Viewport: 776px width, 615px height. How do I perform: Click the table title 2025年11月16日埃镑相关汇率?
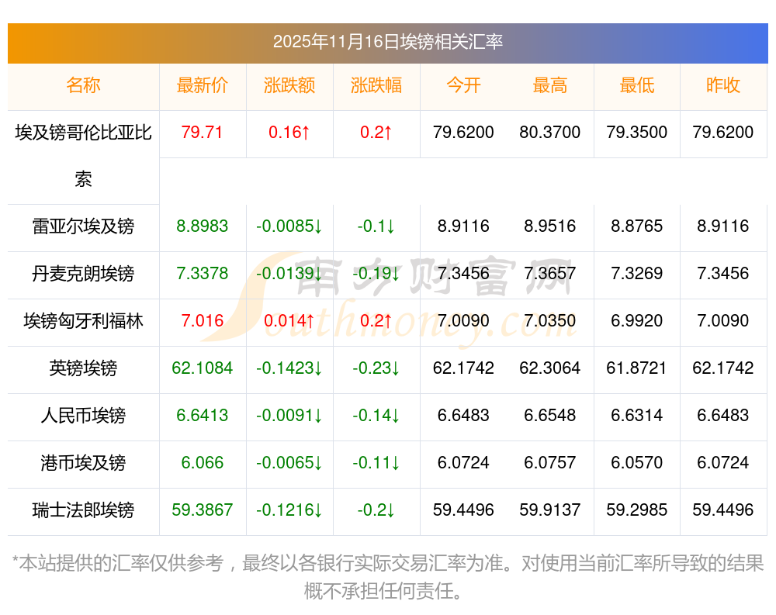point(387,42)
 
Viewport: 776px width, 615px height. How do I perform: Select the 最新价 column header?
point(203,85)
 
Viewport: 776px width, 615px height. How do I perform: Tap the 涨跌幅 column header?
point(376,85)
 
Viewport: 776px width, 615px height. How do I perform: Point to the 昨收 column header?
point(723,85)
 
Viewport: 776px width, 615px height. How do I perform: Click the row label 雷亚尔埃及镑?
point(83,226)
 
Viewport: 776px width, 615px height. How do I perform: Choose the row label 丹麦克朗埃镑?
point(83,274)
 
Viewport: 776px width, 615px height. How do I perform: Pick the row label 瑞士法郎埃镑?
point(83,510)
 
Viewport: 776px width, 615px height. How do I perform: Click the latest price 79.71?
point(202,133)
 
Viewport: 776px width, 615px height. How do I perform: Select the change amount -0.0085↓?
point(289,226)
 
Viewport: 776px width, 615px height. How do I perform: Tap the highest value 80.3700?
point(549,133)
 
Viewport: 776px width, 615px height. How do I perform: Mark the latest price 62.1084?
point(203,368)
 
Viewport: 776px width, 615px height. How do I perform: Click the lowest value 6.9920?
point(636,321)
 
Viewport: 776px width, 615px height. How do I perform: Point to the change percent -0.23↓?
point(376,368)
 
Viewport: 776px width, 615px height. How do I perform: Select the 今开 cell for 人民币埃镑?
point(463,416)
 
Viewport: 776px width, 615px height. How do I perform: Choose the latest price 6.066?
point(203,463)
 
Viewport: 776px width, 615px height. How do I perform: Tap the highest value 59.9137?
point(549,510)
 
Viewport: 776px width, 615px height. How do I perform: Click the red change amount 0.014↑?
point(289,321)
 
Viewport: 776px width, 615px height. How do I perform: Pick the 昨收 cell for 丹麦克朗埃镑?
point(723,274)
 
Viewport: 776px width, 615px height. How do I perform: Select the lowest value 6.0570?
point(636,463)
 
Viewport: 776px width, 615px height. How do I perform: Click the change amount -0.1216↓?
point(289,510)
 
